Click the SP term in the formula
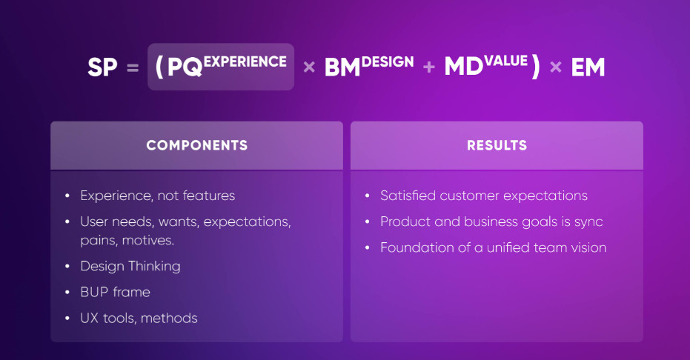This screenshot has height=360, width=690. pyautogui.click(x=102, y=67)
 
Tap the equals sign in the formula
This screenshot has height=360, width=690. pyautogui.click(x=133, y=67)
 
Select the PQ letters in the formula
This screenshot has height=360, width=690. pyautogui.click(x=185, y=67)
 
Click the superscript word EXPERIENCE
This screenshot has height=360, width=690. pyautogui.click(x=245, y=61)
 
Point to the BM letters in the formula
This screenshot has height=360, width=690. pyautogui.click(x=342, y=67)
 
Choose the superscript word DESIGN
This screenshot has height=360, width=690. pyautogui.click(x=387, y=61)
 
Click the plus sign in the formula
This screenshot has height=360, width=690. pyautogui.click(x=428, y=67)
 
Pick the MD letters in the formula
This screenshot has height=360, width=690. pyautogui.click(x=463, y=67)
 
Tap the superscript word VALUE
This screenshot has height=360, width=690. pyautogui.click(x=505, y=61)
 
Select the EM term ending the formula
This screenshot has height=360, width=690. pyautogui.click(x=588, y=67)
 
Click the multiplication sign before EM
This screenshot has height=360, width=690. pyautogui.click(x=556, y=67)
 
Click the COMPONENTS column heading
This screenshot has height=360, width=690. pyautogui.click(x=196, y=145)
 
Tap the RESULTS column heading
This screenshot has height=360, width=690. pyautogui.click(x=497, y=145)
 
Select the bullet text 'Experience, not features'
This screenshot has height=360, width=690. pyautogui.click(x=158, y=196)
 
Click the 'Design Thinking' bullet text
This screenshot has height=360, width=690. pyautogui.click(x=130, y=267)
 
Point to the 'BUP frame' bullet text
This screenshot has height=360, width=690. pyautogui.click(x=116, y=292)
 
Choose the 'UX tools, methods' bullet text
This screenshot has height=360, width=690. pyautogui.click(x=139, y=318)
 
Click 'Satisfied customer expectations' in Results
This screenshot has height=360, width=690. pyautogui.click(x=484, y=196)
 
